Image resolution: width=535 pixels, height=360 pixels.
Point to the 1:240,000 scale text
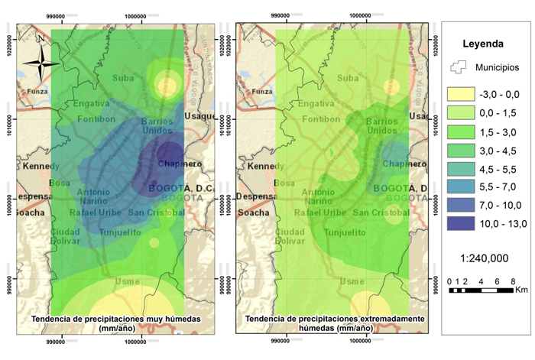tap(483, 258)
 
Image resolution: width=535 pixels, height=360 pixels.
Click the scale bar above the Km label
tap(479, 290)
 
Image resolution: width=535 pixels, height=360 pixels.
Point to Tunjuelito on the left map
tap(118, 231)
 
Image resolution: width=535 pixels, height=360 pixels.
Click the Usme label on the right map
tap(352, 281)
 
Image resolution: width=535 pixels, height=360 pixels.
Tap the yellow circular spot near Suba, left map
tap(165, 81)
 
